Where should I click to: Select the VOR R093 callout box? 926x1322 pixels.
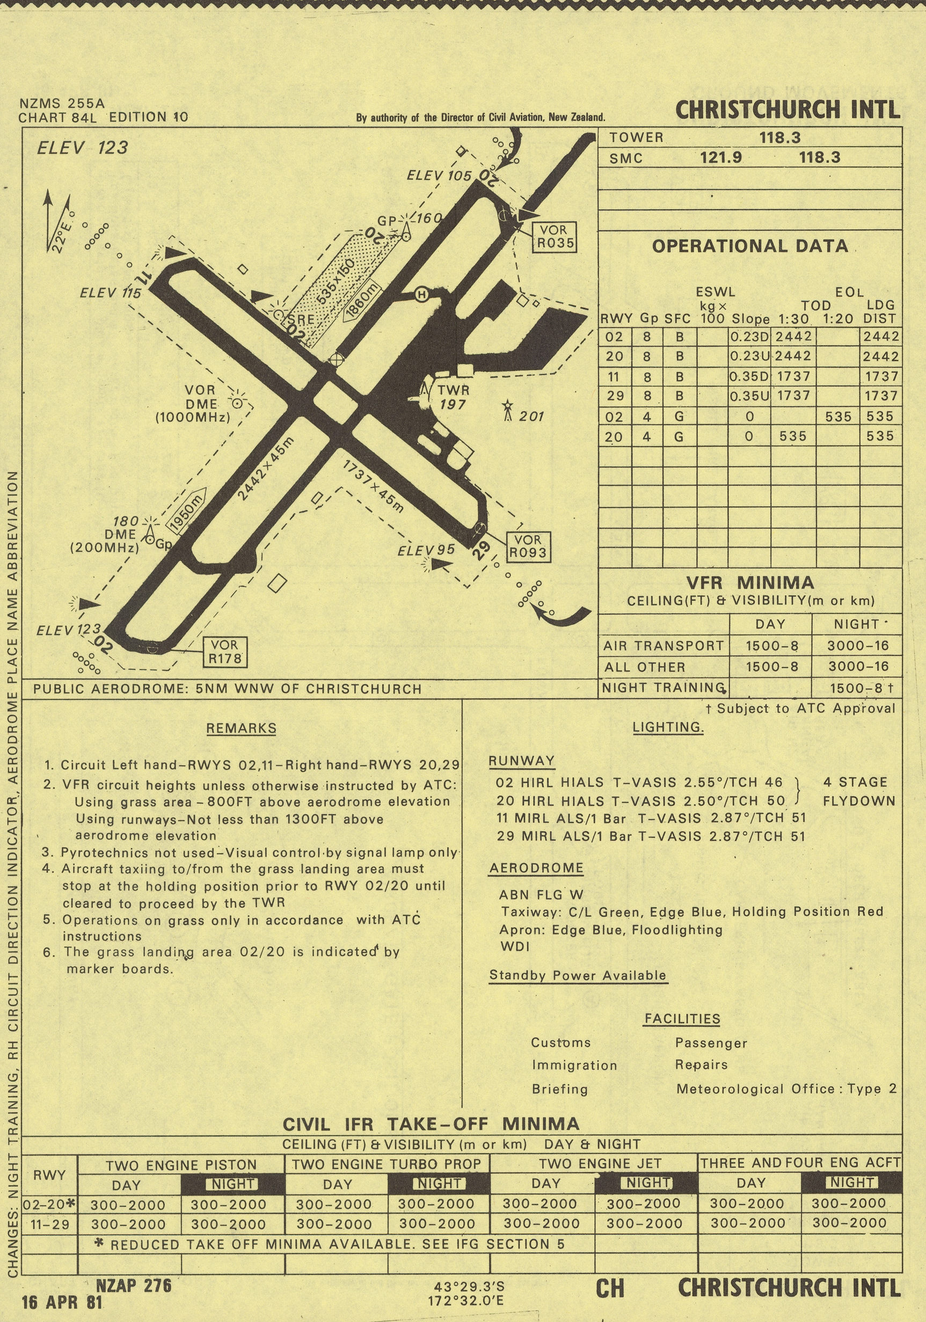528,546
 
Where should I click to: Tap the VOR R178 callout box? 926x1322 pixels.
225,652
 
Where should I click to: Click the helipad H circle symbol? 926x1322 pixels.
422,295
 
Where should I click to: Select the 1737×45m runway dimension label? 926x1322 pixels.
374,486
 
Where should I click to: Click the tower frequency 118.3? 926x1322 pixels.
780,137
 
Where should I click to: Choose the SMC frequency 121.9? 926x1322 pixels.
720,158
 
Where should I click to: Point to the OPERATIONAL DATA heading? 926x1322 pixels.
750,246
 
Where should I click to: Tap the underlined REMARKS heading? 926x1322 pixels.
241,728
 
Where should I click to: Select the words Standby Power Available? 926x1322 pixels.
578,975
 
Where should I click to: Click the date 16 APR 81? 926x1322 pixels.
62,1302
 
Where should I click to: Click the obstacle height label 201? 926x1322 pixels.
531,417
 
